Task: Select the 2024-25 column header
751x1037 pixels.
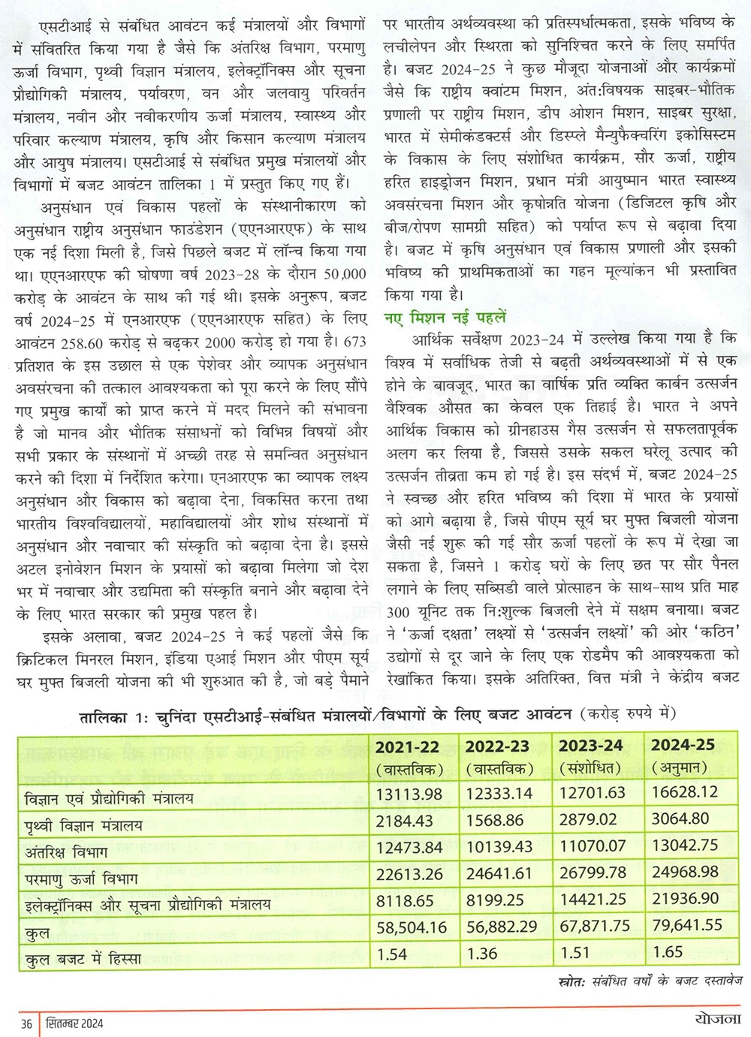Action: (683, 745)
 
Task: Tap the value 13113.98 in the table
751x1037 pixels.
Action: (409, 794)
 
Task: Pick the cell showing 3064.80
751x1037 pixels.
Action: (680, 820)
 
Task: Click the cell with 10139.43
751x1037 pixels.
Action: (499, 847)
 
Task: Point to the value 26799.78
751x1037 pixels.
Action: (593, 873)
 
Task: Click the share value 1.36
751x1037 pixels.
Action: (481, 954)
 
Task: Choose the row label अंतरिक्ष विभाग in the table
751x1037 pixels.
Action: (66, 852)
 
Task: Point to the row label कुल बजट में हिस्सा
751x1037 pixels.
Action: (83, 959)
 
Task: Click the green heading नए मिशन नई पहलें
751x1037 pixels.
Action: (445, 317)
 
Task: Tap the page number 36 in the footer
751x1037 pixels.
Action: (27, 1023)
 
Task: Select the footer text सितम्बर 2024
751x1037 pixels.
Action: (73, 1023)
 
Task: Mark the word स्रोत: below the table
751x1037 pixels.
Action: (572, 981)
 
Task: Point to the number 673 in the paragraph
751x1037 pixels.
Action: (354, 342)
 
